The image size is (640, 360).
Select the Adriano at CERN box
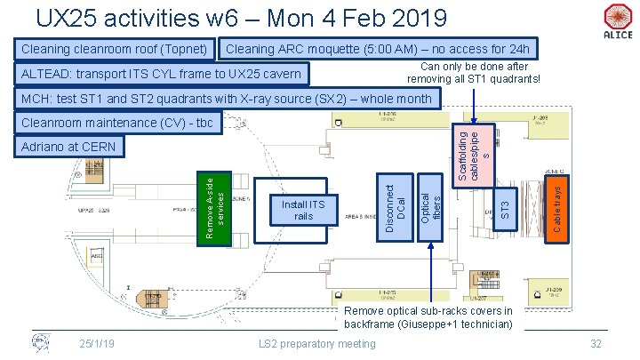click(68, 145)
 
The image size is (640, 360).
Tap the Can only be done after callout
click(474, 73)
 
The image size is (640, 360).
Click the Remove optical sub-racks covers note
click(428, 317)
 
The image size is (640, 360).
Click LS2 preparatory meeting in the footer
click(316, 344)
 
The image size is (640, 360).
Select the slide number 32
click(596, 344)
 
